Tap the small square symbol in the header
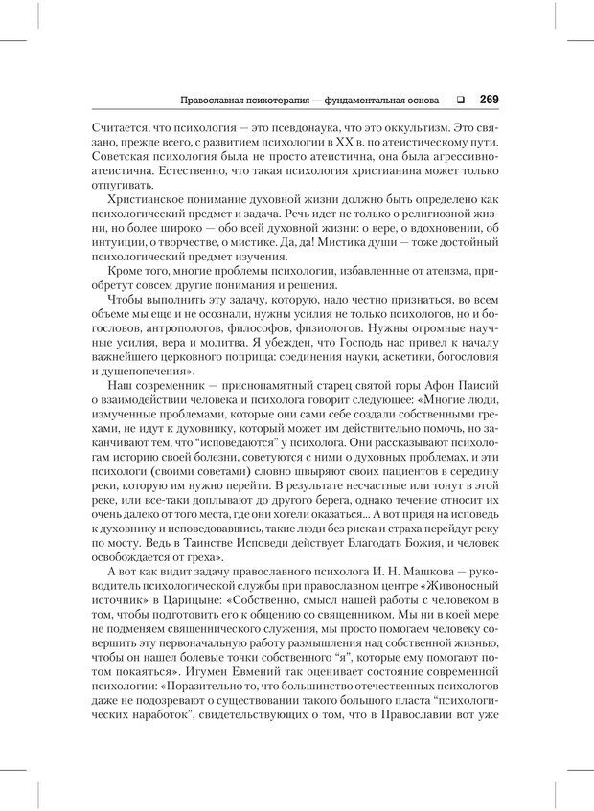[x=460, y=98]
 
